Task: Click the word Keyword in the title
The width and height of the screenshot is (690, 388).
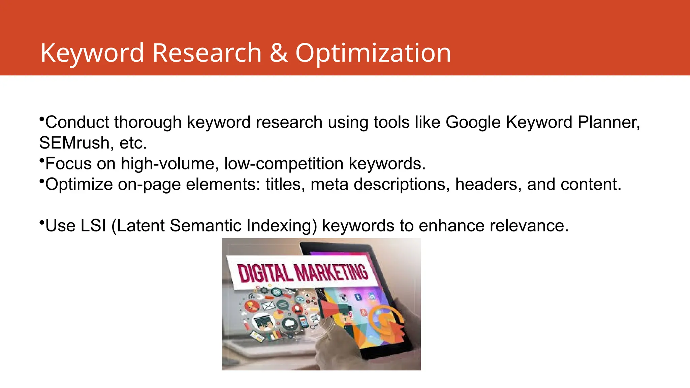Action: (92, 53)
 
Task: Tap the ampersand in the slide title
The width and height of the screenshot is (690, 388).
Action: (278, 53)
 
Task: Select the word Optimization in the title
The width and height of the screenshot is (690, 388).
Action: (373, 53)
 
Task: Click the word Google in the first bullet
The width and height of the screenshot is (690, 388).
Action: (473, 122)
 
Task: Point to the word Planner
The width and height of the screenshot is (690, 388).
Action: (608, 122)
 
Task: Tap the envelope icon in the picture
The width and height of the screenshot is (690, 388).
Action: (269, 306)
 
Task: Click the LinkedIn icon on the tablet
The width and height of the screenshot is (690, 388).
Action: (372, 296)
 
